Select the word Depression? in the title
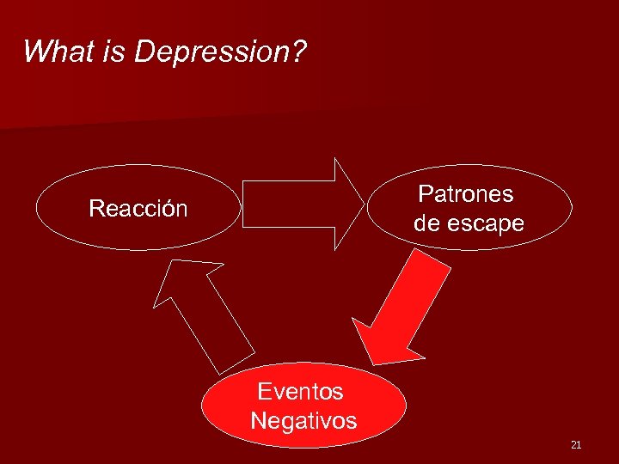click(220, 53)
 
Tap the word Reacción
click(138, 209)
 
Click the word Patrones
click(466, 194)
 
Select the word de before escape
click(427, 223)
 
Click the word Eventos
click(301, 392)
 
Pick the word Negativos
click(303, 421)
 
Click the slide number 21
click(576, 444)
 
